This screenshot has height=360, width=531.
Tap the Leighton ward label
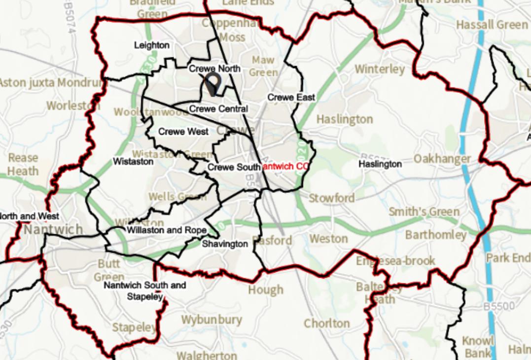coord(152,45)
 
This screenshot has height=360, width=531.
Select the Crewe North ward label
coord(215,69)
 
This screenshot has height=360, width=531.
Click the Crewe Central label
coord(218,108)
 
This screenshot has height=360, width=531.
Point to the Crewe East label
coord(291,98)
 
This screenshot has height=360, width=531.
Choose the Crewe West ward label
coord(183,132)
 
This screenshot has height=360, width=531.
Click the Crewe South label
coord(234,167)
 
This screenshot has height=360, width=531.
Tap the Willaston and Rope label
coord(167,230)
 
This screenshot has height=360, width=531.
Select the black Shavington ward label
coord(225,244)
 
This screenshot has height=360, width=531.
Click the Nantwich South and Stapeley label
coord(144,291)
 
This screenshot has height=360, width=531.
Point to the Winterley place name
coord(380,69)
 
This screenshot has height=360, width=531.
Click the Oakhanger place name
coord(442,159)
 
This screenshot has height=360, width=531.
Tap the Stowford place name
coord(331,198)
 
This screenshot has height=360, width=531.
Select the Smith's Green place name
coord(424,212)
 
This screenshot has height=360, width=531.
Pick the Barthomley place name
coord(435,235)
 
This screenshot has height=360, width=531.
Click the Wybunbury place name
coord(212,320)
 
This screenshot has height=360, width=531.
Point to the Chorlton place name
coord(326,324)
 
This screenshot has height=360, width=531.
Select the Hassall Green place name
coord(492,25)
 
